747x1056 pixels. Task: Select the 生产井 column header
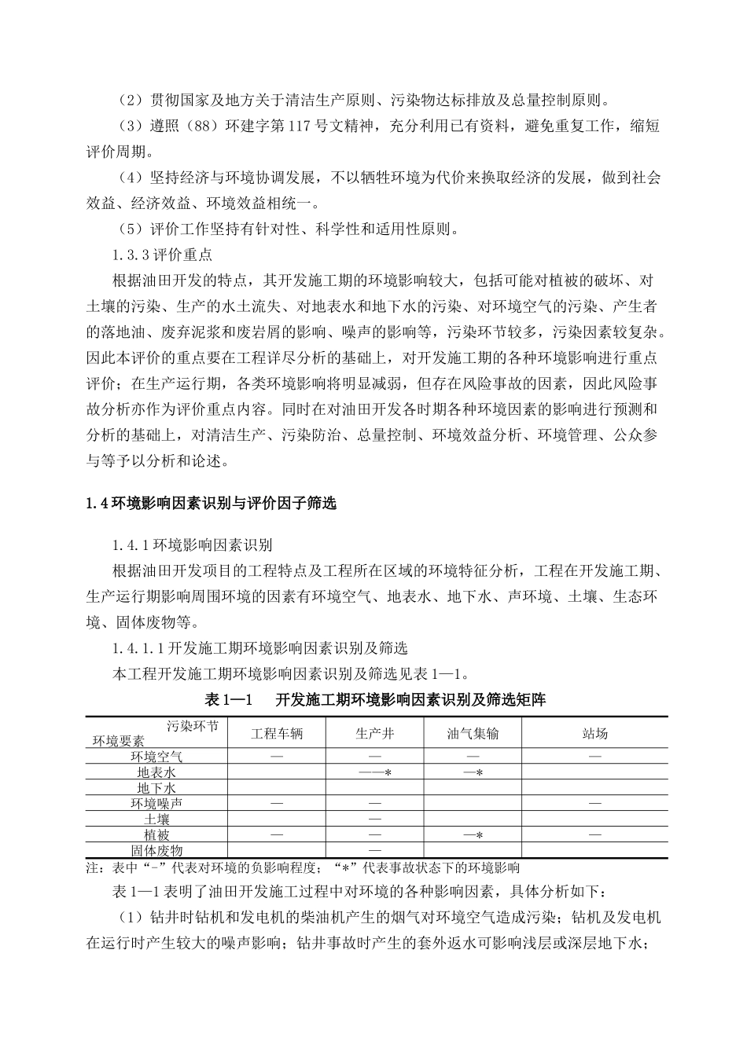pyautogui.click(x=374, y=733)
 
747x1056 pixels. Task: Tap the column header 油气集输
pyautogui.click(x=473, y=733)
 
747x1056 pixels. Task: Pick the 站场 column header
pyautogui.click(x=594, y=733)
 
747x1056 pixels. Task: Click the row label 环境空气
pyautogui.click(x=156, y=757)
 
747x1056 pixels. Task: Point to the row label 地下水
pyautogui.click(x=156, y=788)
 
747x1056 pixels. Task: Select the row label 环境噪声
pyautogui.click(x=156, y=804)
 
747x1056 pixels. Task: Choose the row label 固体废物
pyautogui.click(x=156, y=851)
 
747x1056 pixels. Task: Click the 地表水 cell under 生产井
pyautogui.click(x=374, y=773)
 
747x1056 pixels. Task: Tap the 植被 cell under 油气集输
pyautogui.click(x=473, y=835)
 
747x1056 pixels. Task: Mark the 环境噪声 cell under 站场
pyautogui.click(x=594, y=804)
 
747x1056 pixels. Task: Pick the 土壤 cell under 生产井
pyautogui.click(x=374, y=819)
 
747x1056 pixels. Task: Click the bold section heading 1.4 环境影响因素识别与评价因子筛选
pyautogui.click(x=211, y=504)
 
